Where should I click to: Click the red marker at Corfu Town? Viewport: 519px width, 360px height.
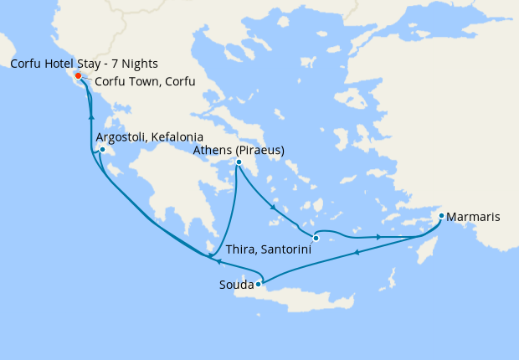(79, 76)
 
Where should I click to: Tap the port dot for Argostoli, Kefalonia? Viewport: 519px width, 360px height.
(102, 151)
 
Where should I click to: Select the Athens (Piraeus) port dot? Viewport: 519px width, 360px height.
(239, 162)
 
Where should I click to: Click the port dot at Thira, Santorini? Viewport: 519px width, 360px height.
(316, 239)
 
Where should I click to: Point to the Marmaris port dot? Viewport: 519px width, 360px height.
(441, 217)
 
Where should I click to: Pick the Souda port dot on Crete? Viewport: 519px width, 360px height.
(259, 285)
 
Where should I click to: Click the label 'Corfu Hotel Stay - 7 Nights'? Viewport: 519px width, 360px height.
(84, 64)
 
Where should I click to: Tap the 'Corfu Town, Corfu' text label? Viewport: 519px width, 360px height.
(145, 81)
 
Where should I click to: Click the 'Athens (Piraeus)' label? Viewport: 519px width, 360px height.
(239, 150)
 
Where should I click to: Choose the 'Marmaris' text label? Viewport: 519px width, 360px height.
(474, 217)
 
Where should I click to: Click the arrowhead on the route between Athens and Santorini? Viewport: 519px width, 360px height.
(273, 208)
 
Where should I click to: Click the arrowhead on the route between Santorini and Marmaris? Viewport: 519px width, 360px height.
(379, 238)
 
